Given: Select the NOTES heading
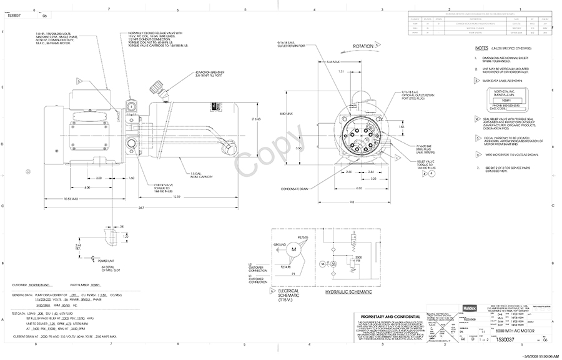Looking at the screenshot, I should click(x=481, y=47).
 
